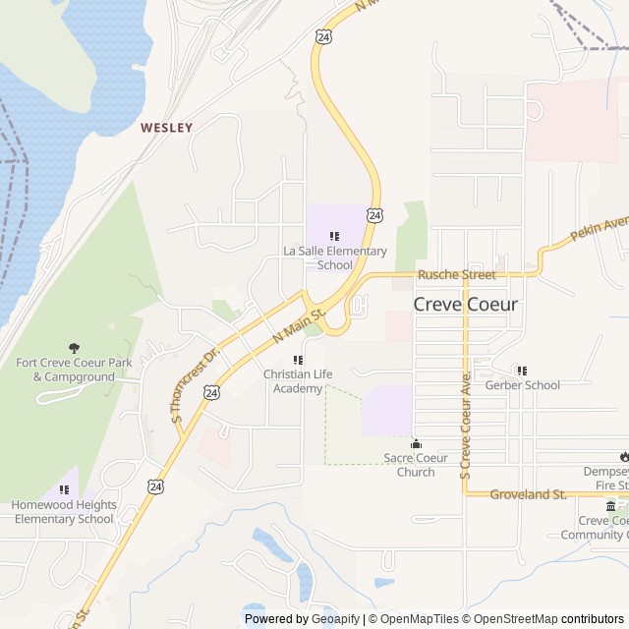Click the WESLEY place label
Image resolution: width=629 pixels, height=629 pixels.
166,128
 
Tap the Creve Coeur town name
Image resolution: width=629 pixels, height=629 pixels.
465,304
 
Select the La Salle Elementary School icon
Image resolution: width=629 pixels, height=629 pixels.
334,236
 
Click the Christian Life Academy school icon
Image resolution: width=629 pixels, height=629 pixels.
298,360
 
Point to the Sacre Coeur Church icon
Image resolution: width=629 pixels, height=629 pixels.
416,443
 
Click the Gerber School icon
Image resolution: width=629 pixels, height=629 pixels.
522,371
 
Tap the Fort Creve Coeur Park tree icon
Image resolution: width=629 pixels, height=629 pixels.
74,348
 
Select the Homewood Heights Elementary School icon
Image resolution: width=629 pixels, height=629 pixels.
64,489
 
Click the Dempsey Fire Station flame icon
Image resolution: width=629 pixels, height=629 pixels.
623,456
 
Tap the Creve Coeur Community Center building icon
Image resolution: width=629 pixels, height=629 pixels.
610,506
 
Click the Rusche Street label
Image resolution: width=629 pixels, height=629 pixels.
457,275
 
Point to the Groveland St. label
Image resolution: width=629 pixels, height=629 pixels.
528,494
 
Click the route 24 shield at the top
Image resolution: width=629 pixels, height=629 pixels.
323,36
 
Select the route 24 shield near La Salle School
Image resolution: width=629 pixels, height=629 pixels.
375,214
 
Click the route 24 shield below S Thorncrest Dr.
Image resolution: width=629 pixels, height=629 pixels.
211,392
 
